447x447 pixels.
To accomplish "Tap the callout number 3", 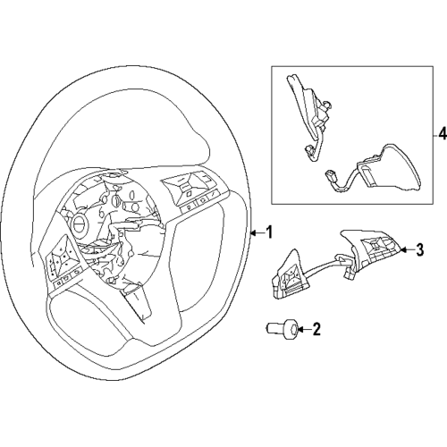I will click(x=418, y=250).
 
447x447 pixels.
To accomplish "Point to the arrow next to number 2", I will click(x=300, y=330).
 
